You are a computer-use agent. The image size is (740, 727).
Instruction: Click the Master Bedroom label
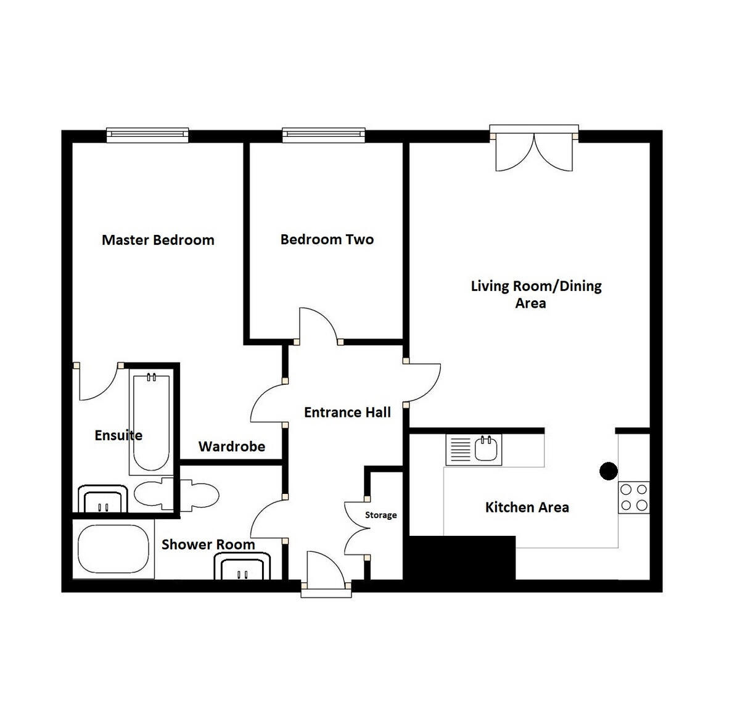click(158, 240)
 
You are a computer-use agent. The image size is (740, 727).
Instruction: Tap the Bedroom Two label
click(327, 239)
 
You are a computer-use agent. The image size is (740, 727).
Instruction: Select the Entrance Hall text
click(347, 413)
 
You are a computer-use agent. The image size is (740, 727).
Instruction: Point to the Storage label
click(380, 515)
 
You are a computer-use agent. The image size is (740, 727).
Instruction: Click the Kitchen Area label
click(527, 507)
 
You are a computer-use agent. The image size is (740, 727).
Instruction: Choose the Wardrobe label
click(232, 446)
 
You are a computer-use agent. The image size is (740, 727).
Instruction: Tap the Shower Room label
click(208, 544)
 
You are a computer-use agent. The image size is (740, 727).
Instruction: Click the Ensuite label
click(118, 435)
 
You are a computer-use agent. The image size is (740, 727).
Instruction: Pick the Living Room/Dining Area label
click(536, 294)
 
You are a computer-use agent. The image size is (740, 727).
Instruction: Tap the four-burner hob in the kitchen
click(634, 498)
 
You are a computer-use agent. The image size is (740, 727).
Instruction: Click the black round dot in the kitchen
click(609, 471)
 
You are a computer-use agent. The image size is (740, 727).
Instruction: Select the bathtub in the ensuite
click(150, 422)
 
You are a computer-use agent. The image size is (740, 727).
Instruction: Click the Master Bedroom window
click(147, 134)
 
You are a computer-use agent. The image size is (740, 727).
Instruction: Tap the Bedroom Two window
click(323, 134)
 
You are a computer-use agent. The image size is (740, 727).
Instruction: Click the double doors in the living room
click(535, 151)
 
